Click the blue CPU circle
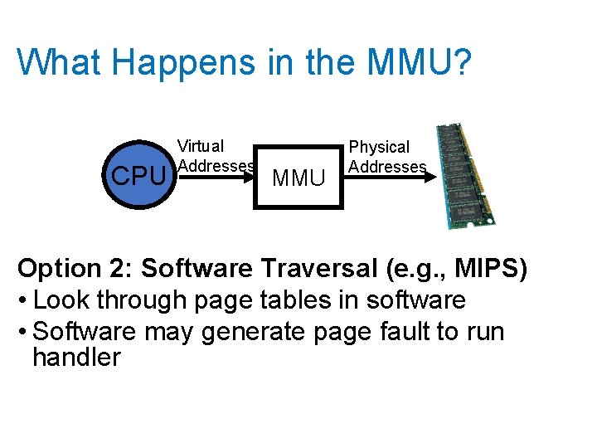click(137, 173)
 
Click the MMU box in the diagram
click(298, 176)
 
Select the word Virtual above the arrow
click(201, 146)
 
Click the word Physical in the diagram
click(379, 147)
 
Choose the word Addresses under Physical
click(387, 167)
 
